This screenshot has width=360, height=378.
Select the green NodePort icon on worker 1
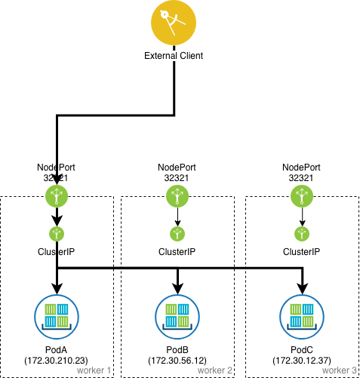click(57, 197)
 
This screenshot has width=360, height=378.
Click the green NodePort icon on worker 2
click(177, 197)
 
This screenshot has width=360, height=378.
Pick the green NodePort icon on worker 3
click(302, 197)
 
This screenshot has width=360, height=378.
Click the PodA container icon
click(57, 315)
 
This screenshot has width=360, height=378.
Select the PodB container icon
click(177, 315)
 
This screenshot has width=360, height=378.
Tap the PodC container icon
click(302, 315)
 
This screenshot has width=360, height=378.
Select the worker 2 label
click(216, 370)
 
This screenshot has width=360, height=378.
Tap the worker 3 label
click(340, 370)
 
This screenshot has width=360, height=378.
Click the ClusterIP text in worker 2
click(177, 251)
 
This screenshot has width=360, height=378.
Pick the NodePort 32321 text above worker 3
click(302, 172)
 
